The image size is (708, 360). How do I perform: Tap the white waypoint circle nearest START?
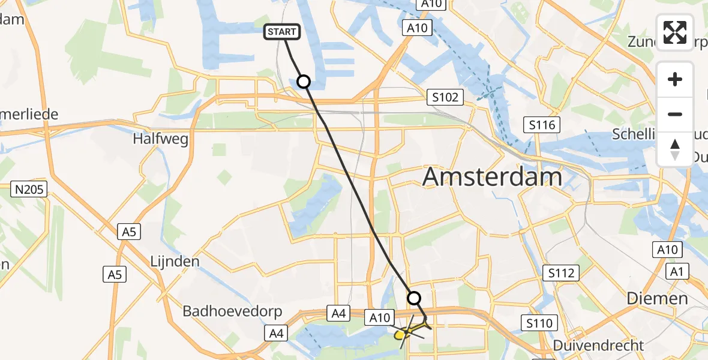(x=304, y=82)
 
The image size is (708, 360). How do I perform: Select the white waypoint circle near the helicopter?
(x=414, y=298)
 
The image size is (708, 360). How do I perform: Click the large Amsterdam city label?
(x=493, y=177)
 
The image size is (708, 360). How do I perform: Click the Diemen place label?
(x=657, y=298)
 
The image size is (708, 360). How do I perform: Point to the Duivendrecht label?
(x=591, y=346)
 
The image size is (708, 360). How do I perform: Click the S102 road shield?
(x=445, y=97)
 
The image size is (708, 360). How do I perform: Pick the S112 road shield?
(x=561, y=273)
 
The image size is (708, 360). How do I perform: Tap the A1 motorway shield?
(x=677, y=272)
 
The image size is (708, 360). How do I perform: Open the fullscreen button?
(x=675, y=32)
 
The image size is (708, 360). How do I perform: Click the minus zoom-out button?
(x=675, y=114)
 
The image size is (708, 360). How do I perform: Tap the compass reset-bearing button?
(x=675, y=149)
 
